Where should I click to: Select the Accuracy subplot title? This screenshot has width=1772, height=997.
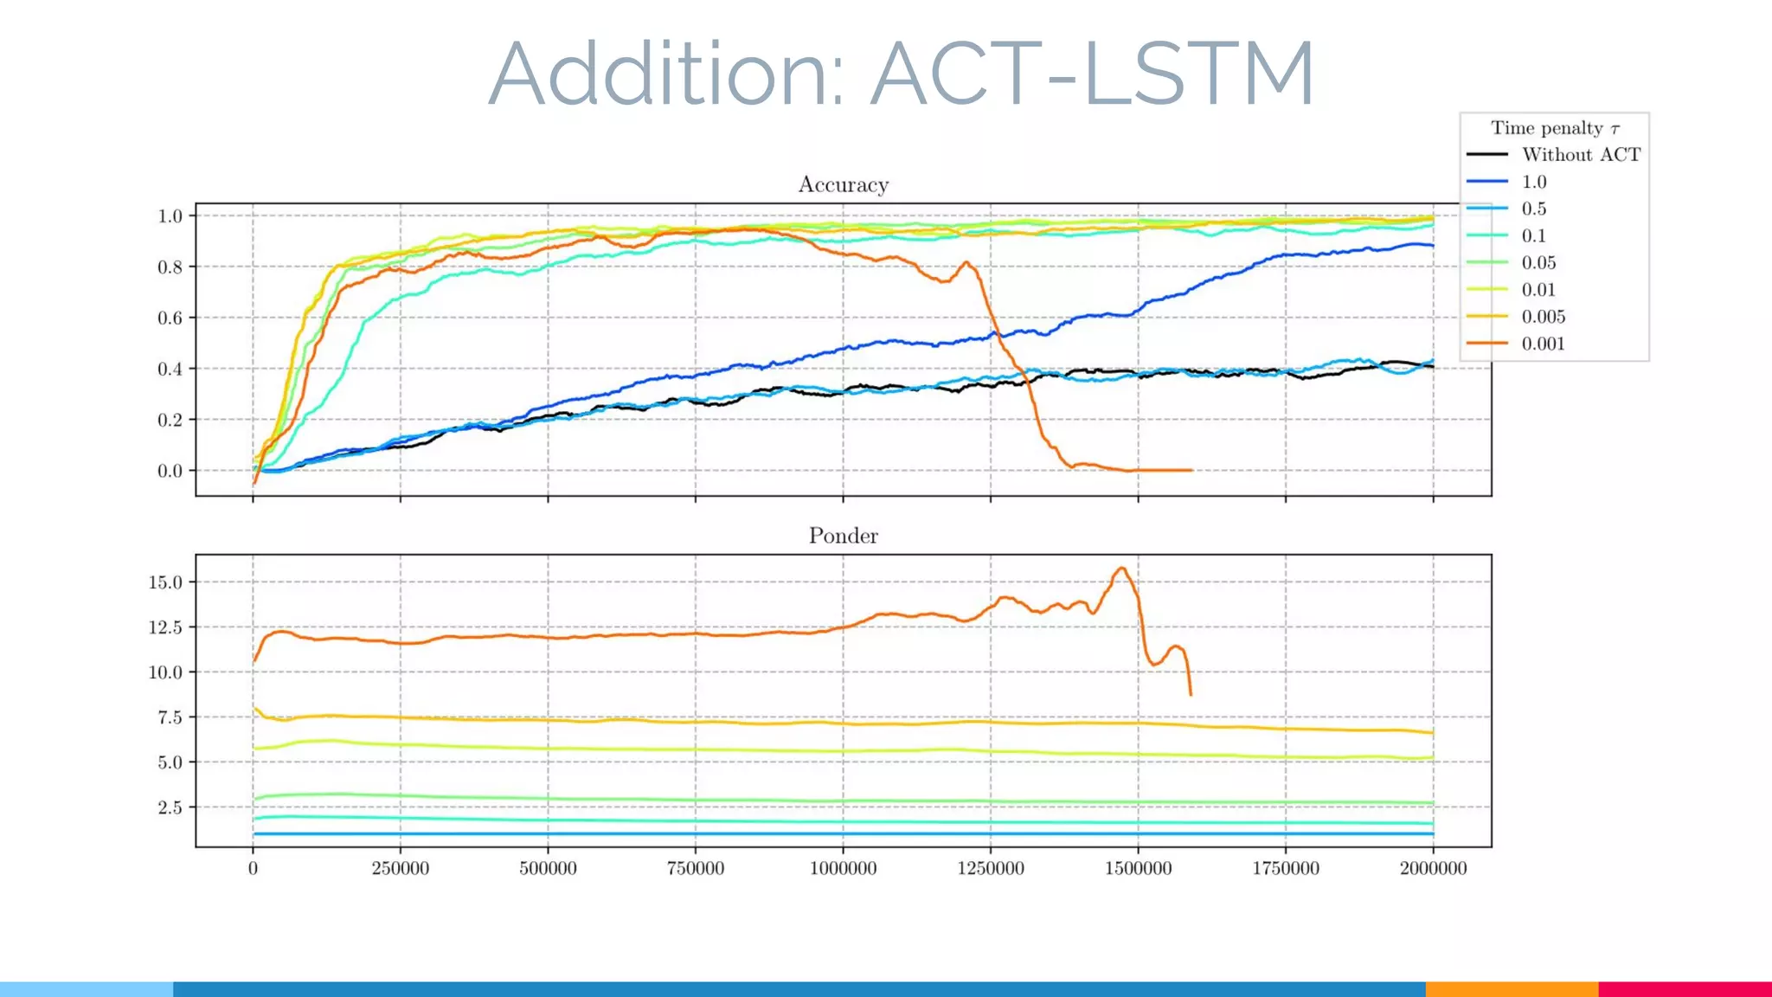coord(843,184)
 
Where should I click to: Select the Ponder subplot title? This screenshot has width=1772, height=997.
coord(843,536)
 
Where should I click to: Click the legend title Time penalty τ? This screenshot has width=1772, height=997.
coord(1555,128)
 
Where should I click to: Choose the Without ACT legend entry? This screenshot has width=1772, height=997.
coord(1580,155)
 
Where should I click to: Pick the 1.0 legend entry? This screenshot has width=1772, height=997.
coord(1533,182)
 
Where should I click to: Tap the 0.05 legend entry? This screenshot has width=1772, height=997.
coord(1538,263)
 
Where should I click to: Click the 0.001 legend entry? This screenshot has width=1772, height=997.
coord(1543,344)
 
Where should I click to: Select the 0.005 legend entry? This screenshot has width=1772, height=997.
coord(1543,317)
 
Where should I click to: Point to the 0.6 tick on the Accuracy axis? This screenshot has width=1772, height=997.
coord(170,318)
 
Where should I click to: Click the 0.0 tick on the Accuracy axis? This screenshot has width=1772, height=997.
coord(170,471)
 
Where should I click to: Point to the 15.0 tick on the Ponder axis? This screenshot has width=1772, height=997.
coord(166,582)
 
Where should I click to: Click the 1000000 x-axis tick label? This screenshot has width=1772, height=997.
coord(843,868)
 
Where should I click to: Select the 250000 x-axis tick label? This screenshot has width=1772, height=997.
coord(400,868)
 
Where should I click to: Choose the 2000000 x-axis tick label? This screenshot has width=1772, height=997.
coord(1433,868)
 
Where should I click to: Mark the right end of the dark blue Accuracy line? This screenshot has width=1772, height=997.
coord(1432,246)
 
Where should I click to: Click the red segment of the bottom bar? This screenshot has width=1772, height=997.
coord(1685,989)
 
